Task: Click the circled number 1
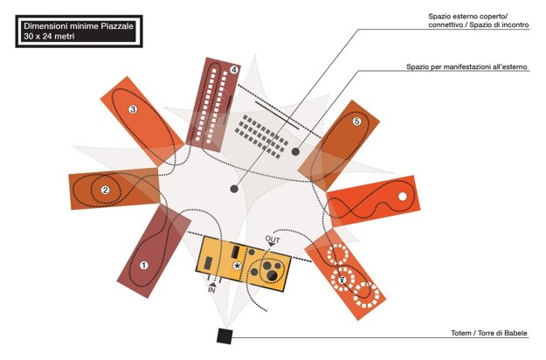145,265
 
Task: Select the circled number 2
105,190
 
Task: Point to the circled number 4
234,69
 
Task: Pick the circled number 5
356,122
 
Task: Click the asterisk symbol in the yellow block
237,266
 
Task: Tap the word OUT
272,239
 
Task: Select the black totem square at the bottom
224,336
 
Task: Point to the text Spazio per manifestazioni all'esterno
467,66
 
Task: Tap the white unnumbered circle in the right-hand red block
403,197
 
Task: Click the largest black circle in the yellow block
272,277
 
